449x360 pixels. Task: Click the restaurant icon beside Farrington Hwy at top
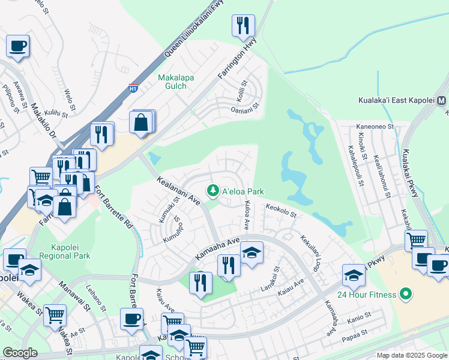coord(243,25)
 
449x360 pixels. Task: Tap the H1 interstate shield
coord(133,89)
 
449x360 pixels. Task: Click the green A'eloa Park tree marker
coord(212,191)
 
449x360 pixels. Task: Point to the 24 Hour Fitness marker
coord(406,295)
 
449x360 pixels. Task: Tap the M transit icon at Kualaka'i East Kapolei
coord(442,100)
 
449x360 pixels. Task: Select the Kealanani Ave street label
coord(179,191)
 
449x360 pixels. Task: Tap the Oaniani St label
coord(244,110)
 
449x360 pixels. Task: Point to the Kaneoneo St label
coord(375,127)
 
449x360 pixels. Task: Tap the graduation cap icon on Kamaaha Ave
coord(252,253)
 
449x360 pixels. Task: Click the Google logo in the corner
coord(20,353)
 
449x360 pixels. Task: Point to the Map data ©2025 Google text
coord(412,355)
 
